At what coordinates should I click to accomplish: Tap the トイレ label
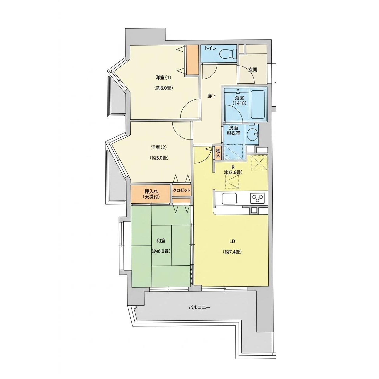tap(210, 48)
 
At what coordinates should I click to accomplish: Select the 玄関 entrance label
tap(253, 70)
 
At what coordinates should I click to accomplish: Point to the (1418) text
tap(239, 103)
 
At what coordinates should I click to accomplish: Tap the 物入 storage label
tap(218, 153)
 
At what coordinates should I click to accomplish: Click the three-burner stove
tap(257, 198)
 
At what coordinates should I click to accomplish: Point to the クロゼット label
tap(181, 190)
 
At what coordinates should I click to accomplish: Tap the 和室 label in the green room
tap(161, 240)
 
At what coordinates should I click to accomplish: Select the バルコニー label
tap(200, 313)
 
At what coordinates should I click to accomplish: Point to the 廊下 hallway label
tap(212, 96)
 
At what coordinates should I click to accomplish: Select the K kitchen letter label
tap(233, 167)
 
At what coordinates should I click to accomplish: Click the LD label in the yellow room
tap(232, 242)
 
